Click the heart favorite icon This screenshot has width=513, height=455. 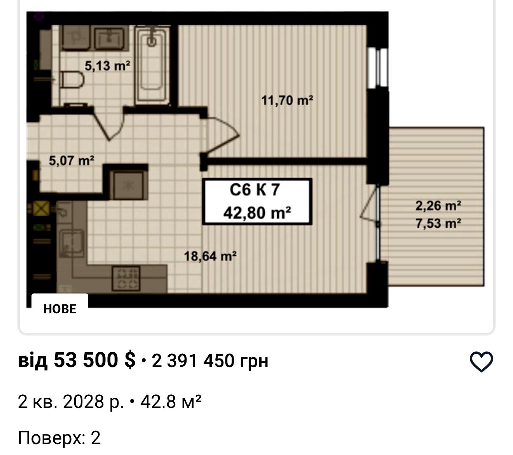[481, 362]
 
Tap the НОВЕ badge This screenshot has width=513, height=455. [60, 309]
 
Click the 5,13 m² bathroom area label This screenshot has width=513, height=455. [107, 66]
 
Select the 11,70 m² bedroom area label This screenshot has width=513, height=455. [287, 100]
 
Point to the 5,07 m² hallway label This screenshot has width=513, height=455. [72, 160]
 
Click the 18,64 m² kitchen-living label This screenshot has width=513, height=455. [210, 256]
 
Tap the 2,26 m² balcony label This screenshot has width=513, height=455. [438, 206]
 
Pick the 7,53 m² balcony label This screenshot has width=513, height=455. [438, 223]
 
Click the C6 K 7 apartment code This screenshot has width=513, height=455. [255, 190]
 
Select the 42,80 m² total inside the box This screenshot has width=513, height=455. [257, 213]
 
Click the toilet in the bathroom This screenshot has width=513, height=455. [72, 79]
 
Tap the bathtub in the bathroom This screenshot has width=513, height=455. [152, 65]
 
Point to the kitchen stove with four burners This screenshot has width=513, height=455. [126, 278]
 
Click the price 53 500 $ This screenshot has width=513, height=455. [94, 360]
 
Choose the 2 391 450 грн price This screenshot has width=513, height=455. [209, 361]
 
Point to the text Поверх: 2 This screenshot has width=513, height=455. [59, 438]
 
